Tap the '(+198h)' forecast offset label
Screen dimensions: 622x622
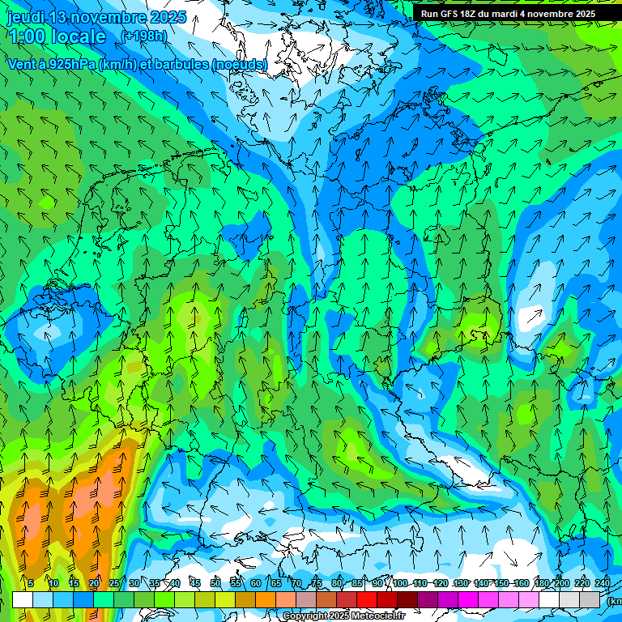pos(144,36)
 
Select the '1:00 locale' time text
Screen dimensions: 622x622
pos(57,36)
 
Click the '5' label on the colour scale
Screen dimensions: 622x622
pos(31,583)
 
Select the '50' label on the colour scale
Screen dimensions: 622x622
pos(215,583)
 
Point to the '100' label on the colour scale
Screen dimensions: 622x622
pos(400,583)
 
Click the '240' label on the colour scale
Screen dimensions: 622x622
pos(602,583)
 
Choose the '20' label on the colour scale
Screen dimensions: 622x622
pos(93,583)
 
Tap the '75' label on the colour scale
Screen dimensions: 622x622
pos(317,583)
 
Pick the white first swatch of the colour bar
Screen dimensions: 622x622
pos(22,599)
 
